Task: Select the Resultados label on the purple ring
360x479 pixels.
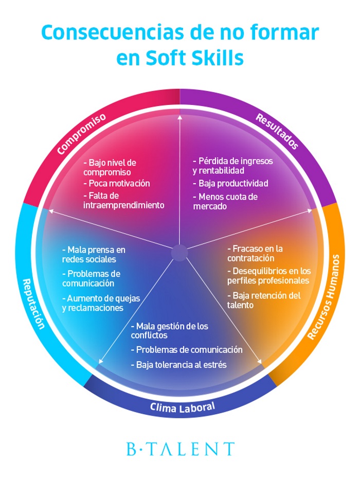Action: coord(277,132)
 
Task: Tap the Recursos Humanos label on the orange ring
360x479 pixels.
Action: coord(326,296)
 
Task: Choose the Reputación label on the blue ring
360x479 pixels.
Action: coord(34,304)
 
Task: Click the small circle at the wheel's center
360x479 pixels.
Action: coord(179,253)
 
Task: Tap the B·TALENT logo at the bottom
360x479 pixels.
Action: coord(180,449)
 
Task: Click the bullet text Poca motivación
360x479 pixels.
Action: coord(116,183)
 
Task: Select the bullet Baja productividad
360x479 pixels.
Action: coord(230,183)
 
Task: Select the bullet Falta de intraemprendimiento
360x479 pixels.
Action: coord(123,200)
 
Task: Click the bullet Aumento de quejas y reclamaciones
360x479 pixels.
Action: coord(100,303)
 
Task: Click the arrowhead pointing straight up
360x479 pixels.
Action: coord(179,117)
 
